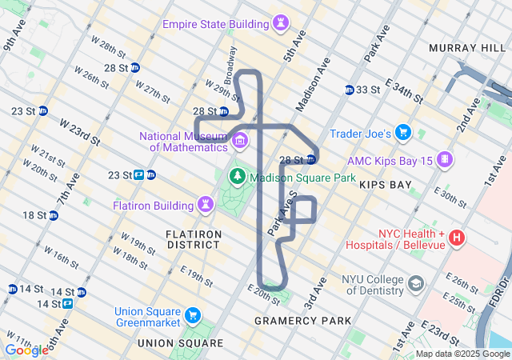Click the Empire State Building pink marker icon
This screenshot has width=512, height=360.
pos(281,24)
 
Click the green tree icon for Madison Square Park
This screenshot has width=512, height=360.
pos(237,177)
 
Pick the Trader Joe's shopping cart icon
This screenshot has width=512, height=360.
pos(404,132)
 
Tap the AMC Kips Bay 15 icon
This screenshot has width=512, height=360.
pos(444,159)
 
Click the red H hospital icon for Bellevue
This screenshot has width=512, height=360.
pos(457,237)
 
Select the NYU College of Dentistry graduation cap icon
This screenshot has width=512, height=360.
pos(416,284)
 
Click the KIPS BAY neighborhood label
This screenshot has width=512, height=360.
pos(386,185)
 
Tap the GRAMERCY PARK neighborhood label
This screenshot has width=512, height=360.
pos(302,321)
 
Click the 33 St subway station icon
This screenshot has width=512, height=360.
pos(350,90)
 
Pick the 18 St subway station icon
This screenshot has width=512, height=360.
pos(53,215)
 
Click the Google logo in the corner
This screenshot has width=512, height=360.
pos(26,350)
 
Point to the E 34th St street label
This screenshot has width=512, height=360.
pos(404,91)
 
